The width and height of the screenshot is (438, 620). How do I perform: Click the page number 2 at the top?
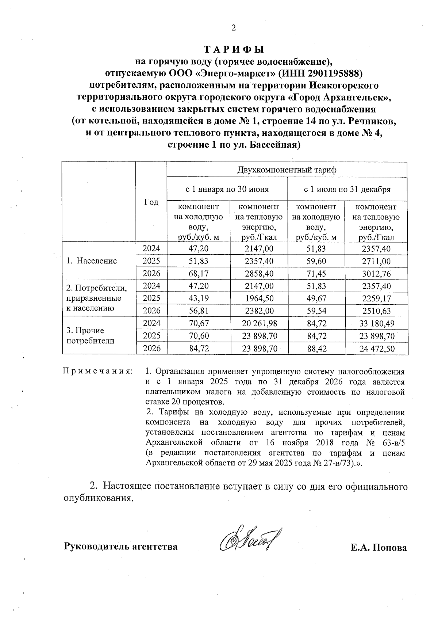point(234,28)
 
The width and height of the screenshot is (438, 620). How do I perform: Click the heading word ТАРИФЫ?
point(234,49)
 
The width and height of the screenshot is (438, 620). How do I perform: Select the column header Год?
point(151,202)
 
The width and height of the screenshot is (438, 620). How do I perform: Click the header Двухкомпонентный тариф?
point(287,170)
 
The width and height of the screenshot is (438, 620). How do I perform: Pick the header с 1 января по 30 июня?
point(227,189)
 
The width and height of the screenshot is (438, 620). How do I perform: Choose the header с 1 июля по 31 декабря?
point(347,189)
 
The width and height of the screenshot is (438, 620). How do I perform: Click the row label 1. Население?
point(92,261)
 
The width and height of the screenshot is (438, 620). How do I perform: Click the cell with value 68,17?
point(199,274)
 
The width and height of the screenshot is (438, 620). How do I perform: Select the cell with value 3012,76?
point(376,274)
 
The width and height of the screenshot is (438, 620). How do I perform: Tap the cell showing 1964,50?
point(260,298)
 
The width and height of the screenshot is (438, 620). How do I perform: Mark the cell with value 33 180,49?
point(376,323)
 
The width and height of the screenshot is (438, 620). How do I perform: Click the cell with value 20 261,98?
point(260,323)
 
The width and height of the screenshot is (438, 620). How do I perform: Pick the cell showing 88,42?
point(316,349)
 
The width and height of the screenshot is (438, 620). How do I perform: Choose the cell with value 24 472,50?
point(376,349)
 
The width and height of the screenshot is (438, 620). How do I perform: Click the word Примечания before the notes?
point(98,372)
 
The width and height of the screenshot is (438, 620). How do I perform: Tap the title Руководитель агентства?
point(121,547)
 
